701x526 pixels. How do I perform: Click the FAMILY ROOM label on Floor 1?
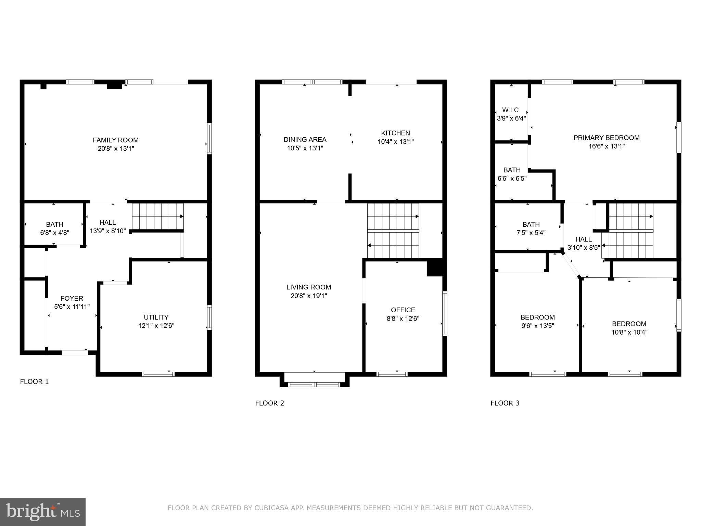[116, 140]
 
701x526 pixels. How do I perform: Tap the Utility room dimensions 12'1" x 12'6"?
[156, 326]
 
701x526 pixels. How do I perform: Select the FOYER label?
[72, 298]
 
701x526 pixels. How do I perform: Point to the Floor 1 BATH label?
[55, 224]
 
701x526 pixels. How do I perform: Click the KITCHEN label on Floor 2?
[396, 133]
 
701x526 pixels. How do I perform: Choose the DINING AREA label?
[305, 139]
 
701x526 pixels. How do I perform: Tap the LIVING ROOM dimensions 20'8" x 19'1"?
[309, 296]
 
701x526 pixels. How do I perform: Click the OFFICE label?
[403, 310]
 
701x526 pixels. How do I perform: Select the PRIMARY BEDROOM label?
[607, 138]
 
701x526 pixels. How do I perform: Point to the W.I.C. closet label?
[511, 110]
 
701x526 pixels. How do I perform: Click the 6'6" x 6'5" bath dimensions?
[512, 178]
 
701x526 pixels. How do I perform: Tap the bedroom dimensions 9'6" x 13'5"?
[538, 326]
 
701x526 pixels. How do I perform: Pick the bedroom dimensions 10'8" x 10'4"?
[629, 332]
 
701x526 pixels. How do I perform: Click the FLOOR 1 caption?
[35, 381]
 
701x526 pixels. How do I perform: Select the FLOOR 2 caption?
[270, 403]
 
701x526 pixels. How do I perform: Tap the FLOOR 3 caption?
[505, 403]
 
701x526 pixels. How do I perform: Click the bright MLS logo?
[43, 512]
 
